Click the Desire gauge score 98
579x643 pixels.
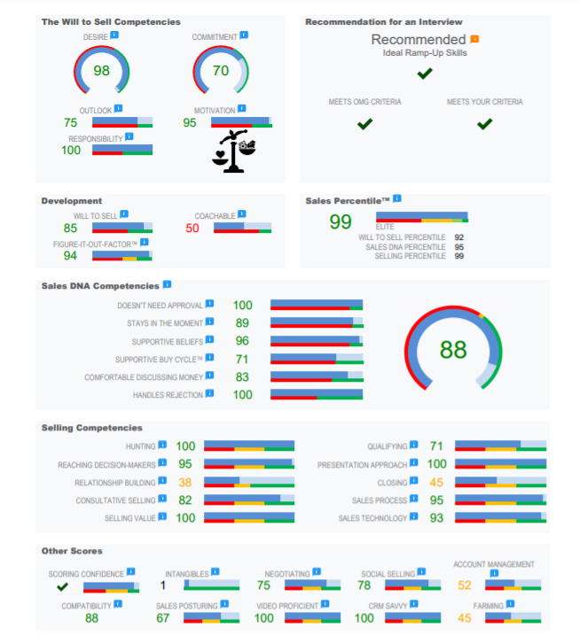(x=101, y=71)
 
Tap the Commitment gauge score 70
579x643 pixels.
(x=221, y=71)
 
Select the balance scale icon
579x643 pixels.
(x=234, y=151)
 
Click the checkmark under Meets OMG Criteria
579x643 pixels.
(x=364, y=124)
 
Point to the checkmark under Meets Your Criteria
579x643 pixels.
(x=484, y=124)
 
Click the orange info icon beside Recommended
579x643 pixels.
(x=474, y=39)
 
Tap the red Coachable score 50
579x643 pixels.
(x=192, y=228)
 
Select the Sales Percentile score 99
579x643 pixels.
(x=340, y=221)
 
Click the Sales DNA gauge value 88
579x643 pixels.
(x=453, y=350)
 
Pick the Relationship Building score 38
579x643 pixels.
(x=184, y=482)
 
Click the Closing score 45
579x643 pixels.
(x=436, y=482)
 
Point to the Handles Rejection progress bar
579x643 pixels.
(x=317, y=394)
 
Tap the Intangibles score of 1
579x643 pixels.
(x=163, y=585)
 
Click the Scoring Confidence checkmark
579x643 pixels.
(x=62, y=587)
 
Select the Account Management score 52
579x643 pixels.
(x=465, y=585)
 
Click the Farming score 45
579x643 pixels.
(x=465, y=618)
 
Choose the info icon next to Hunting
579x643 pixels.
(x=162, y=445)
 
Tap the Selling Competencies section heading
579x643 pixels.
(x=92, y=428)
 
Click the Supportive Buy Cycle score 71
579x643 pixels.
(x=242, y=360)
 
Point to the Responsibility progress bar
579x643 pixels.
(x=122, y=150)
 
